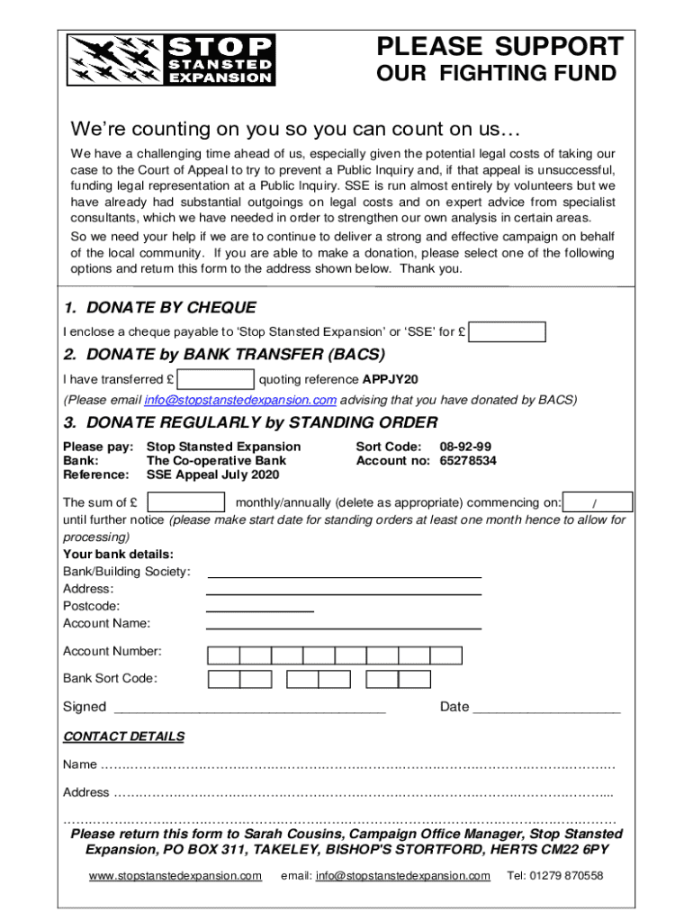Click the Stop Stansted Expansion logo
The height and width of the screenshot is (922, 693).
[x=171, y=60]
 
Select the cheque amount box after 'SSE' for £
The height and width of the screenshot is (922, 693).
[x=508, y=332]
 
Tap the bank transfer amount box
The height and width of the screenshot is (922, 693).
[x=216, y=378]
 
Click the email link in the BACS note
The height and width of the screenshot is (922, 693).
[x=240, y=400]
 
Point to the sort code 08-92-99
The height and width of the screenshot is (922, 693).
[x=464, y=447]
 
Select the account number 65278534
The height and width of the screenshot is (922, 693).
[x=467, y=461]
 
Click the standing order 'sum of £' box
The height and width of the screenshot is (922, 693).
[x=185, y=502]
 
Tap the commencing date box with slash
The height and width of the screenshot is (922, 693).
[x=597, y=502]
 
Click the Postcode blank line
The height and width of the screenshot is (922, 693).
[x=260, y=609]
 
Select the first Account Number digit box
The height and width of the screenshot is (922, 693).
[x=223, y=655]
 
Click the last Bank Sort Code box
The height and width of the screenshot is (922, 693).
[x=414, y=679]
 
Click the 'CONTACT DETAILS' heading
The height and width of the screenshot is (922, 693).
[x=123, y=737]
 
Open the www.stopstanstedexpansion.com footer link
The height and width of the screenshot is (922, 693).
[x=175, y=876]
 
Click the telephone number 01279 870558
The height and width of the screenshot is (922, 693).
[x=555, y=876]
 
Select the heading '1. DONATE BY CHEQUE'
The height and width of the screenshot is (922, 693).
[x=159, y=308]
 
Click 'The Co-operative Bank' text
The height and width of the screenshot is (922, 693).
[x=216, y=461]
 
